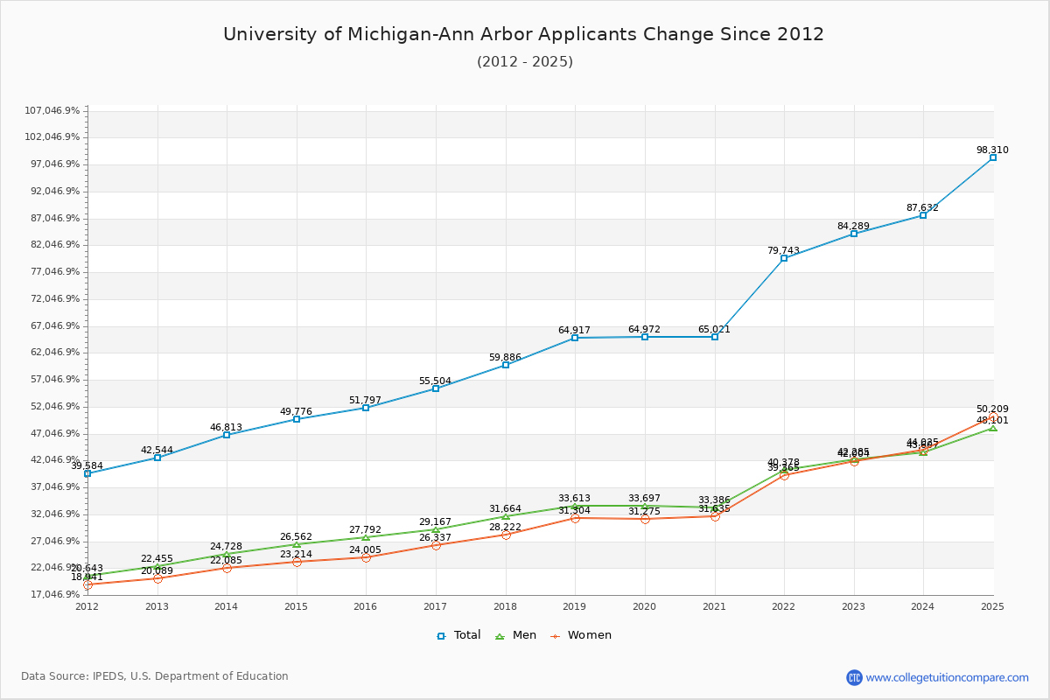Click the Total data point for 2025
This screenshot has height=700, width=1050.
tap(992, 157)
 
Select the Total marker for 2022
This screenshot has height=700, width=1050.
tap(784, 258)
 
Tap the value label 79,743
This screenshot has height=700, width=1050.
tap(783, 250)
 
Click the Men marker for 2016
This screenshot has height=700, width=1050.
tap(366, 537)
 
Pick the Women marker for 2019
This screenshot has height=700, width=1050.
tap(575, 518)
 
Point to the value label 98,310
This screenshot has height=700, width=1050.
tap(992, 150)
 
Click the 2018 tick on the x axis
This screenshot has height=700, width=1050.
tap(506, 605)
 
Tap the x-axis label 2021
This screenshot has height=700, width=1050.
tap(714, 605)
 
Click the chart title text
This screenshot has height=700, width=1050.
tap(523, 34)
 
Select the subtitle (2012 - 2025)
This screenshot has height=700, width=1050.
tap(525, 61)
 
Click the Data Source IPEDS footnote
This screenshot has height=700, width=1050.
tap(155, 676)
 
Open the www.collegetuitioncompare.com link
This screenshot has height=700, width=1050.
tap(947, 677)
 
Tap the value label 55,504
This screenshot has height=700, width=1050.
tap(435, 381)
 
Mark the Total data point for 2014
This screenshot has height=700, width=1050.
tap(227, 435)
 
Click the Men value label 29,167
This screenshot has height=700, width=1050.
tap(435, 521)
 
